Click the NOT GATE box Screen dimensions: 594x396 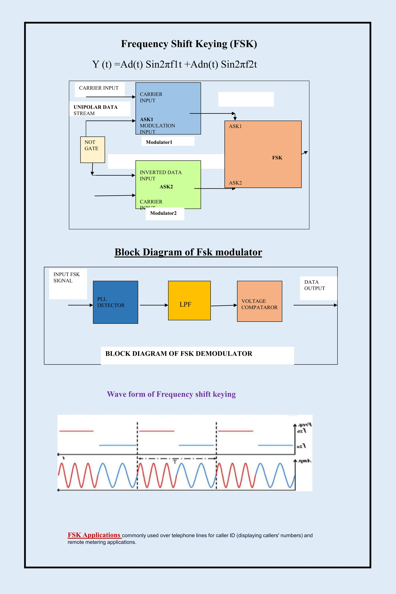[x=92, y=149]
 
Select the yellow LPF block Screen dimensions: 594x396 [x=189, y=300]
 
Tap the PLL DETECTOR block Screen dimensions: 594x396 [x=115, y=302]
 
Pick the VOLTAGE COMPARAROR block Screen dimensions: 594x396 [x=259, y=301]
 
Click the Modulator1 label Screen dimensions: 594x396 [x=159, y=142]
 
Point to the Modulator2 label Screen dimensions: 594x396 [x=163, y=213]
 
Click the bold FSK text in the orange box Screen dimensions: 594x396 [x=277, y=158]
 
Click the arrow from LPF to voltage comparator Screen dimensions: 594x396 [x=224, y=306]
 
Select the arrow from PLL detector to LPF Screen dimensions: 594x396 [x=154, y=305]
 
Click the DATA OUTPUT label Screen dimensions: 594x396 [x=314, y=285]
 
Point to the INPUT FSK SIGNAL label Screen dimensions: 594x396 [x=67, y=277]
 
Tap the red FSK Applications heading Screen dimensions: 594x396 [x=94, y=535]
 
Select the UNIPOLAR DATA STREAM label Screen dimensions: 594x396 [x=96, y=110]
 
